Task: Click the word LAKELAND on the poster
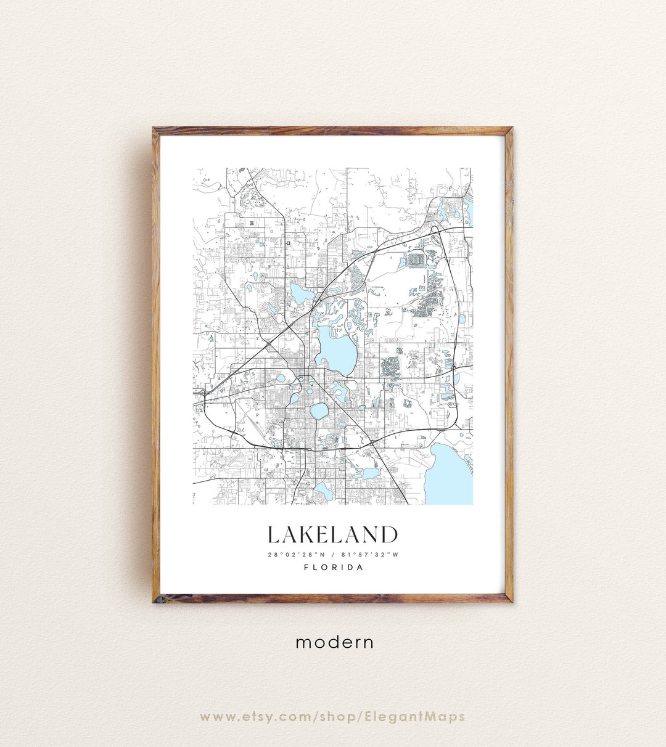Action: (332, 535)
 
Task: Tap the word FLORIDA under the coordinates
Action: (333, 567)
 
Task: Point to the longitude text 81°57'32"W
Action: (372, 554)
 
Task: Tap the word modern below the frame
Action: (334, 642)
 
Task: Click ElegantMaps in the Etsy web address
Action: (426, 716)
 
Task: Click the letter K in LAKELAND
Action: (307, 535)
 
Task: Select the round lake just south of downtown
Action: (319, 410)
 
